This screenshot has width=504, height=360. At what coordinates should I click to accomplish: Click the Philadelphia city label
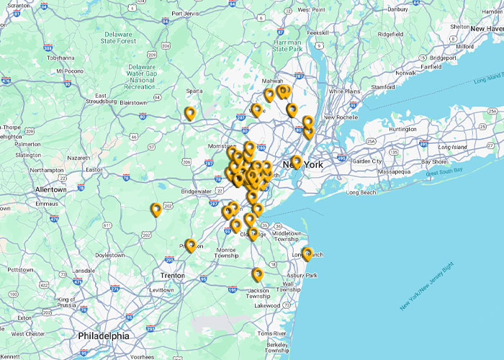pos(104,336)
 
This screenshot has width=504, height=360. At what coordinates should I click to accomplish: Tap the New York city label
pos(303,165)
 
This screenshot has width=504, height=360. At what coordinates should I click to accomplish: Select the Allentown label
pos(50,189)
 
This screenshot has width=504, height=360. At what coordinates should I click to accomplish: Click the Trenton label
pos(173,276)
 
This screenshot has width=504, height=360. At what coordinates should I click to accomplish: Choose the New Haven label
pos(487,29)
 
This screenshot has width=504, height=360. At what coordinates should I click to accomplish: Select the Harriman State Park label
pos(287,45)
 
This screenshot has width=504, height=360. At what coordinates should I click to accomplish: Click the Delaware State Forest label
pos(119,37)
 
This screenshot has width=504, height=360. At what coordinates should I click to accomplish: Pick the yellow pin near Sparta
pos(189,113)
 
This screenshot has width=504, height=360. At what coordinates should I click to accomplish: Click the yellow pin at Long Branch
pos(307,253)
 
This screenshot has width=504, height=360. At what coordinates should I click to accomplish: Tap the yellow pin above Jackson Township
pos(257,274)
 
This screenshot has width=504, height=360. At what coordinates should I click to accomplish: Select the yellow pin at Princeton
pos(190,245)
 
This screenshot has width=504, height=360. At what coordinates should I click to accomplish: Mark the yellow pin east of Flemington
pos(156,210)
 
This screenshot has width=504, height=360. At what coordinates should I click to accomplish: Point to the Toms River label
pos(271,334)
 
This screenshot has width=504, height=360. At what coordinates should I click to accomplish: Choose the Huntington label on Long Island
pos(402,129)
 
